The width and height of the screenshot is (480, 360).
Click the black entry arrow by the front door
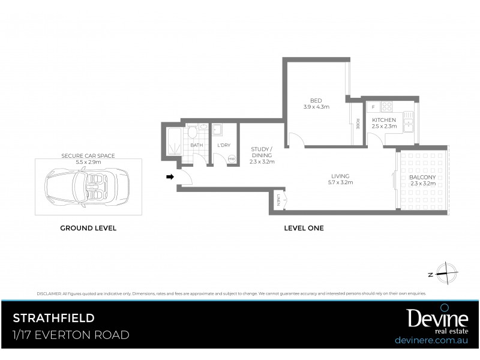click(x=170, y=177)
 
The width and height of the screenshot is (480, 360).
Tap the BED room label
click(x=316, y=100)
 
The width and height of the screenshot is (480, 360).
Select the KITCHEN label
click(x=384, y=120)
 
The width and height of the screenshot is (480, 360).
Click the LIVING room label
click(x=340, y=176)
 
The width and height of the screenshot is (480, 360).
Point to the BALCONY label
click(x=422, y=178)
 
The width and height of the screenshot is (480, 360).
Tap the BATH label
click(x=196, y=145)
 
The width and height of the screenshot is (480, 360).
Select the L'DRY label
click(x=223, y=145)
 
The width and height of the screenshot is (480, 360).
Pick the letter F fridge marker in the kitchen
click(x=373, y=107)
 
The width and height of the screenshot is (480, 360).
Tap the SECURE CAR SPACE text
click(x=88, y=155)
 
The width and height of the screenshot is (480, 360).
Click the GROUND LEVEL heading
click(x=88, y=228)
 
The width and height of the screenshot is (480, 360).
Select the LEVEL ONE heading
click(x=304, y=228)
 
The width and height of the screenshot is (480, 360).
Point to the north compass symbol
click(x=447, y=273)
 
